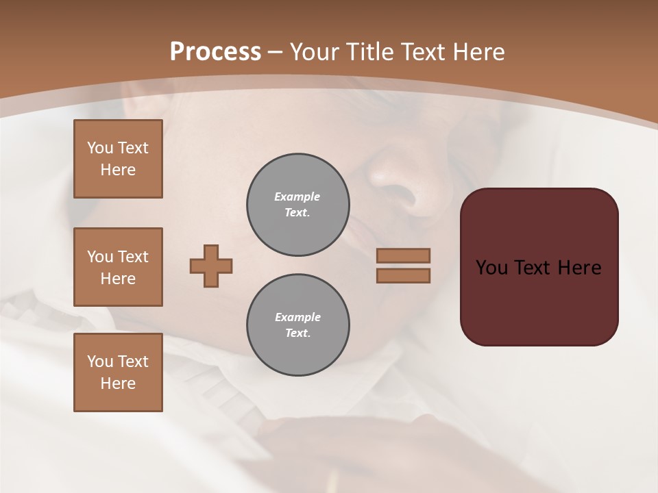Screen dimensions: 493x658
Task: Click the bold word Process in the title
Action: [215, 52]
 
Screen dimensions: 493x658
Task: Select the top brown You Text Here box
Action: [118, 159]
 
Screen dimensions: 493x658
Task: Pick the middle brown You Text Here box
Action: [118, 267]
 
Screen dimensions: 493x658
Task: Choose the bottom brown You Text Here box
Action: [118, 372]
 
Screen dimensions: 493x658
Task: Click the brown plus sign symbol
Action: [211, 266]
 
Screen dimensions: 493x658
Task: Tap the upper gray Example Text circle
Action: [298, 205]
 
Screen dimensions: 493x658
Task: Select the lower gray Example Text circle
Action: [298, 325]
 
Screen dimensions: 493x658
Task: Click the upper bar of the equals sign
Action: [404, 255]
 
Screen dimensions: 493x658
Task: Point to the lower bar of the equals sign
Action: [404, 275]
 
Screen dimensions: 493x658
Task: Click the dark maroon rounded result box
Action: [539, 301]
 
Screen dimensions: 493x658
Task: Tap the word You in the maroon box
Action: [491, 268]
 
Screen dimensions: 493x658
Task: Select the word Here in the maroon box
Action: [579, 268]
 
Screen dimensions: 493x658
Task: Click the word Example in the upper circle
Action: [297, 197]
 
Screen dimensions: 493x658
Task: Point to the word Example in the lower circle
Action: [297, 317]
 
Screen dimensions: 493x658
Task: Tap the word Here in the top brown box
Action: [118, 170]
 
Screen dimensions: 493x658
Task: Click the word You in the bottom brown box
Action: [100, 362]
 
